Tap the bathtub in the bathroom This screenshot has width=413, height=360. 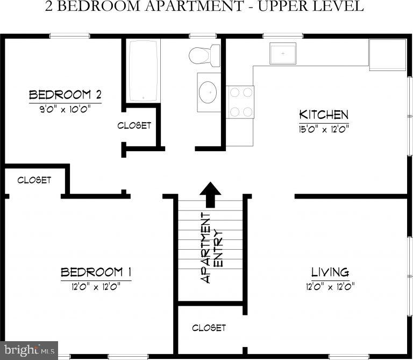143,70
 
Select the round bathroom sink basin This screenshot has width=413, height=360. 208,93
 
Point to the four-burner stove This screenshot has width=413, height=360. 240,102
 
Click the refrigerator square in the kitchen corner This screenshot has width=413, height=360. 387,54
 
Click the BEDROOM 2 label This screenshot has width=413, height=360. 65,95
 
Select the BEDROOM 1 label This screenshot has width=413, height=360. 96,272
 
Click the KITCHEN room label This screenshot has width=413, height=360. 324,115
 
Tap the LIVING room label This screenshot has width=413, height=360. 330,272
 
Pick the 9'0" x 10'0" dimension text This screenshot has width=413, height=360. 65,108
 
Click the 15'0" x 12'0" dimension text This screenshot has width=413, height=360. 324,128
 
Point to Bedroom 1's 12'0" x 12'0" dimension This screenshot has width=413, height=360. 96,286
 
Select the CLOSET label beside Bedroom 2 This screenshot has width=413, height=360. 134,125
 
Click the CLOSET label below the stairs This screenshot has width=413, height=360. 209,327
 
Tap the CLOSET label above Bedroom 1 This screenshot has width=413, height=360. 34,180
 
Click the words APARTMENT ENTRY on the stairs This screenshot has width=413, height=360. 212,248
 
